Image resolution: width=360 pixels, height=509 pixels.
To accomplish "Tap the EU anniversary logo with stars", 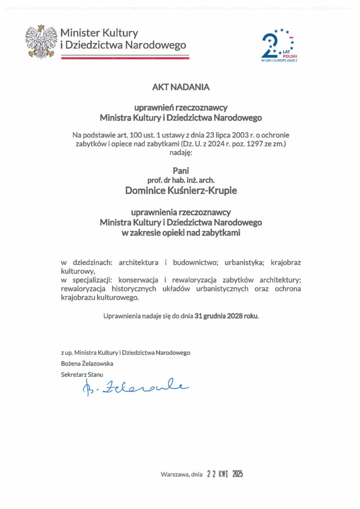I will click(280, 46).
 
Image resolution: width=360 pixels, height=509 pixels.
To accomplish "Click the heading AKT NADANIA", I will click(181, 86).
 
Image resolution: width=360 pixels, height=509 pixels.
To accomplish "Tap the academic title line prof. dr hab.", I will click(180, 179).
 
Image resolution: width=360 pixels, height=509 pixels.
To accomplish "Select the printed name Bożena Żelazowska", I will click(87, 363).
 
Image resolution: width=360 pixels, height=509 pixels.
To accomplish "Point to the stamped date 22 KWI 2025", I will click(225, 474).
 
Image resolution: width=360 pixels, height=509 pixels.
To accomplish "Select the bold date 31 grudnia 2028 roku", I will click(227, 316).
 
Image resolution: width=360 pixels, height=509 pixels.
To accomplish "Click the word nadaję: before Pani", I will click(180, 153).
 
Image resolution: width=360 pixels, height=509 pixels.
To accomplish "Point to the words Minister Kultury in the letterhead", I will click(99, 33).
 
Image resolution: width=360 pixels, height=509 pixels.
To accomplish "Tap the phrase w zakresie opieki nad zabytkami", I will click(180, 232).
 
